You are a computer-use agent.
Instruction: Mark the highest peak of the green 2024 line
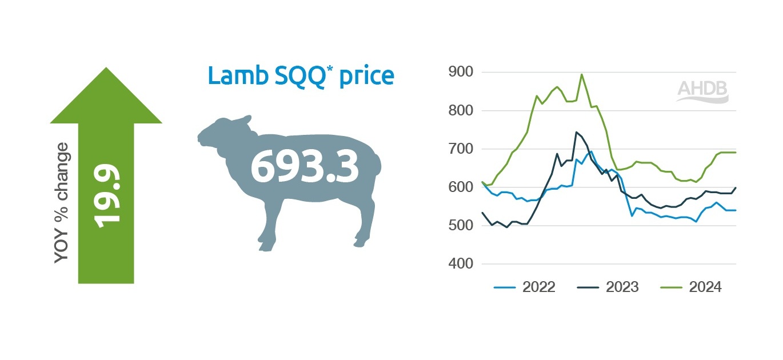pos(581,74)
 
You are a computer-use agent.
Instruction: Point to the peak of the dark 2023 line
pos(576,132)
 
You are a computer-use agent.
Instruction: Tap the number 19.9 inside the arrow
pos(107,196)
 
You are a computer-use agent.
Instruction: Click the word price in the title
pos(367,77)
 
